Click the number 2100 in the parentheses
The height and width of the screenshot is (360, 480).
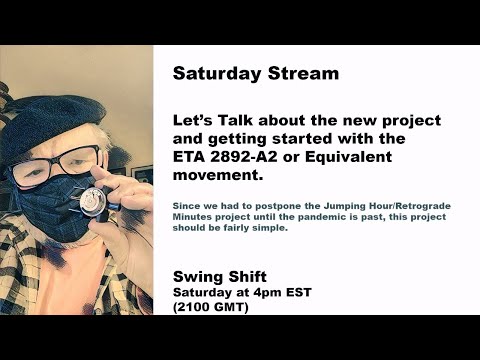click(200, 307)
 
